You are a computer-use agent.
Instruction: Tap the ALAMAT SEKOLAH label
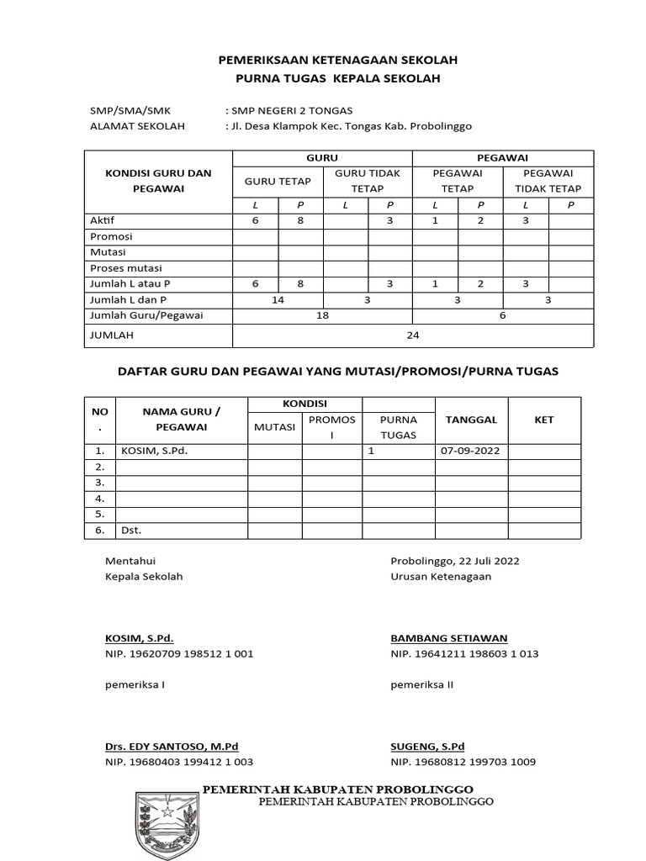pyautogui.click(x=137, y=126)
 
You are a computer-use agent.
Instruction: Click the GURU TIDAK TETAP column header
pyautogui.click(x=368, y=181)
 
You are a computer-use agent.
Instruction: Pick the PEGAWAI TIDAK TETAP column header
pyautogui.click(x=548, y=181)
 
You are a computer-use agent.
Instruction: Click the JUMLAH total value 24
pyautogui.click(x=412, y=335)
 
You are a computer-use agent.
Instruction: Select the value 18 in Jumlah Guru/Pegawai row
pyautogui.click(x=322, y=315)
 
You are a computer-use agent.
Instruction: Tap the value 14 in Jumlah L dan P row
pyautogui.click(x=278, y=299)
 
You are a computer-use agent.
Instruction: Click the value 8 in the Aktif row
pyautogui.click(x=300, y=220)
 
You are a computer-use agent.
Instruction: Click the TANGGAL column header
pyautogui.click(x=471, y=419)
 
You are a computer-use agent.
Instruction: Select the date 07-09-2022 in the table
pyautogui.click(x=470, y=451)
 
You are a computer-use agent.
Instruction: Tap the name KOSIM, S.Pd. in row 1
pyautogui.click(x=154, y=451)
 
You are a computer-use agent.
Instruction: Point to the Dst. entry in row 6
pyautogui.click(x=131, y=531)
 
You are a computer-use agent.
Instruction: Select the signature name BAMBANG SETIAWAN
pyautogui.click(x=449, y=638)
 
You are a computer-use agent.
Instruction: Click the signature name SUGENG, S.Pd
pyautogui.click(x=428, y=746)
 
